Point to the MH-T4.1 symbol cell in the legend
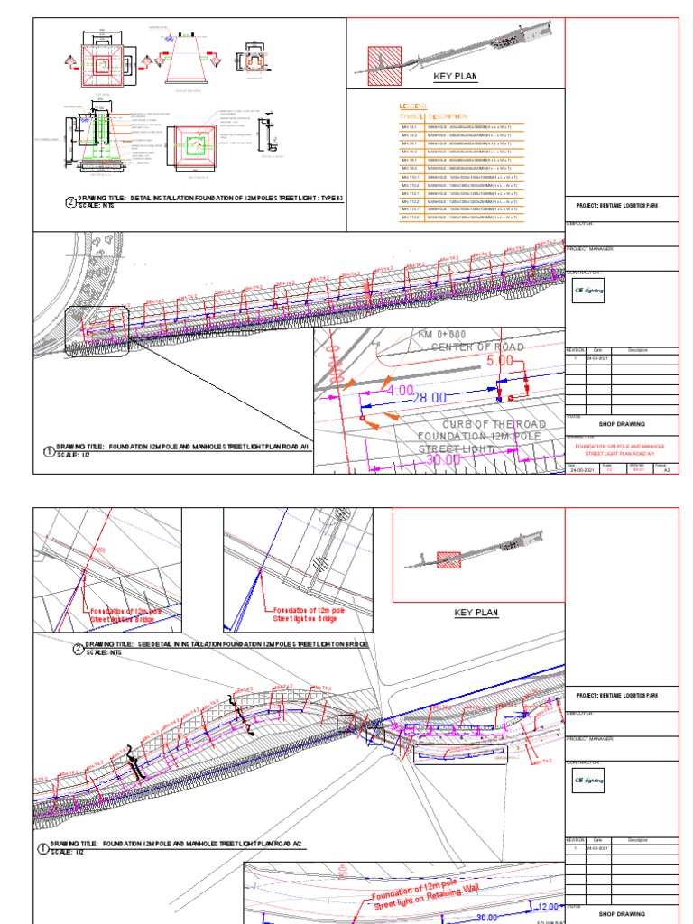410,127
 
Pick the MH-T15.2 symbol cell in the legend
410,217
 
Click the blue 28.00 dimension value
429,397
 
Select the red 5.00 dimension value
499,360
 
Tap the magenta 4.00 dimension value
399,391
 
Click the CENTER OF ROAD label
477,347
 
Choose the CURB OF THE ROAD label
495,424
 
